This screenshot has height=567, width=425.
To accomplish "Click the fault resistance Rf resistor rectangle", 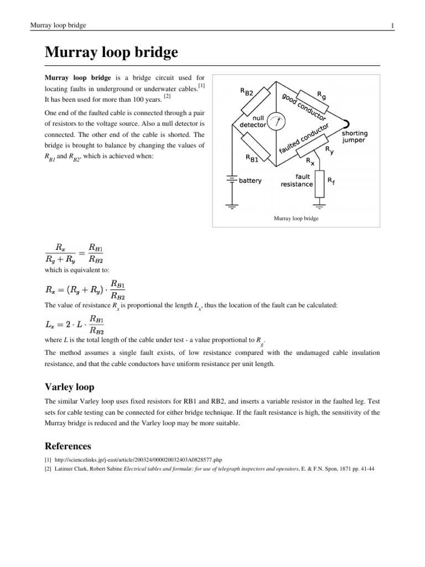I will [319, 184].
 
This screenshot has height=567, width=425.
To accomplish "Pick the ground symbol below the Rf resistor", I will [319, 207].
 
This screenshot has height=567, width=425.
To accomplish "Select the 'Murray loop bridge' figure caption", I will [297, 219].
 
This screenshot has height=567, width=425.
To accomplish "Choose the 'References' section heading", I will [68, 446].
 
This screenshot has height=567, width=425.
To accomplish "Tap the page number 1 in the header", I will [392, 25].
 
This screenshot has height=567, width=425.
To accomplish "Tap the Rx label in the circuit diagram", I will [310, 161].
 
